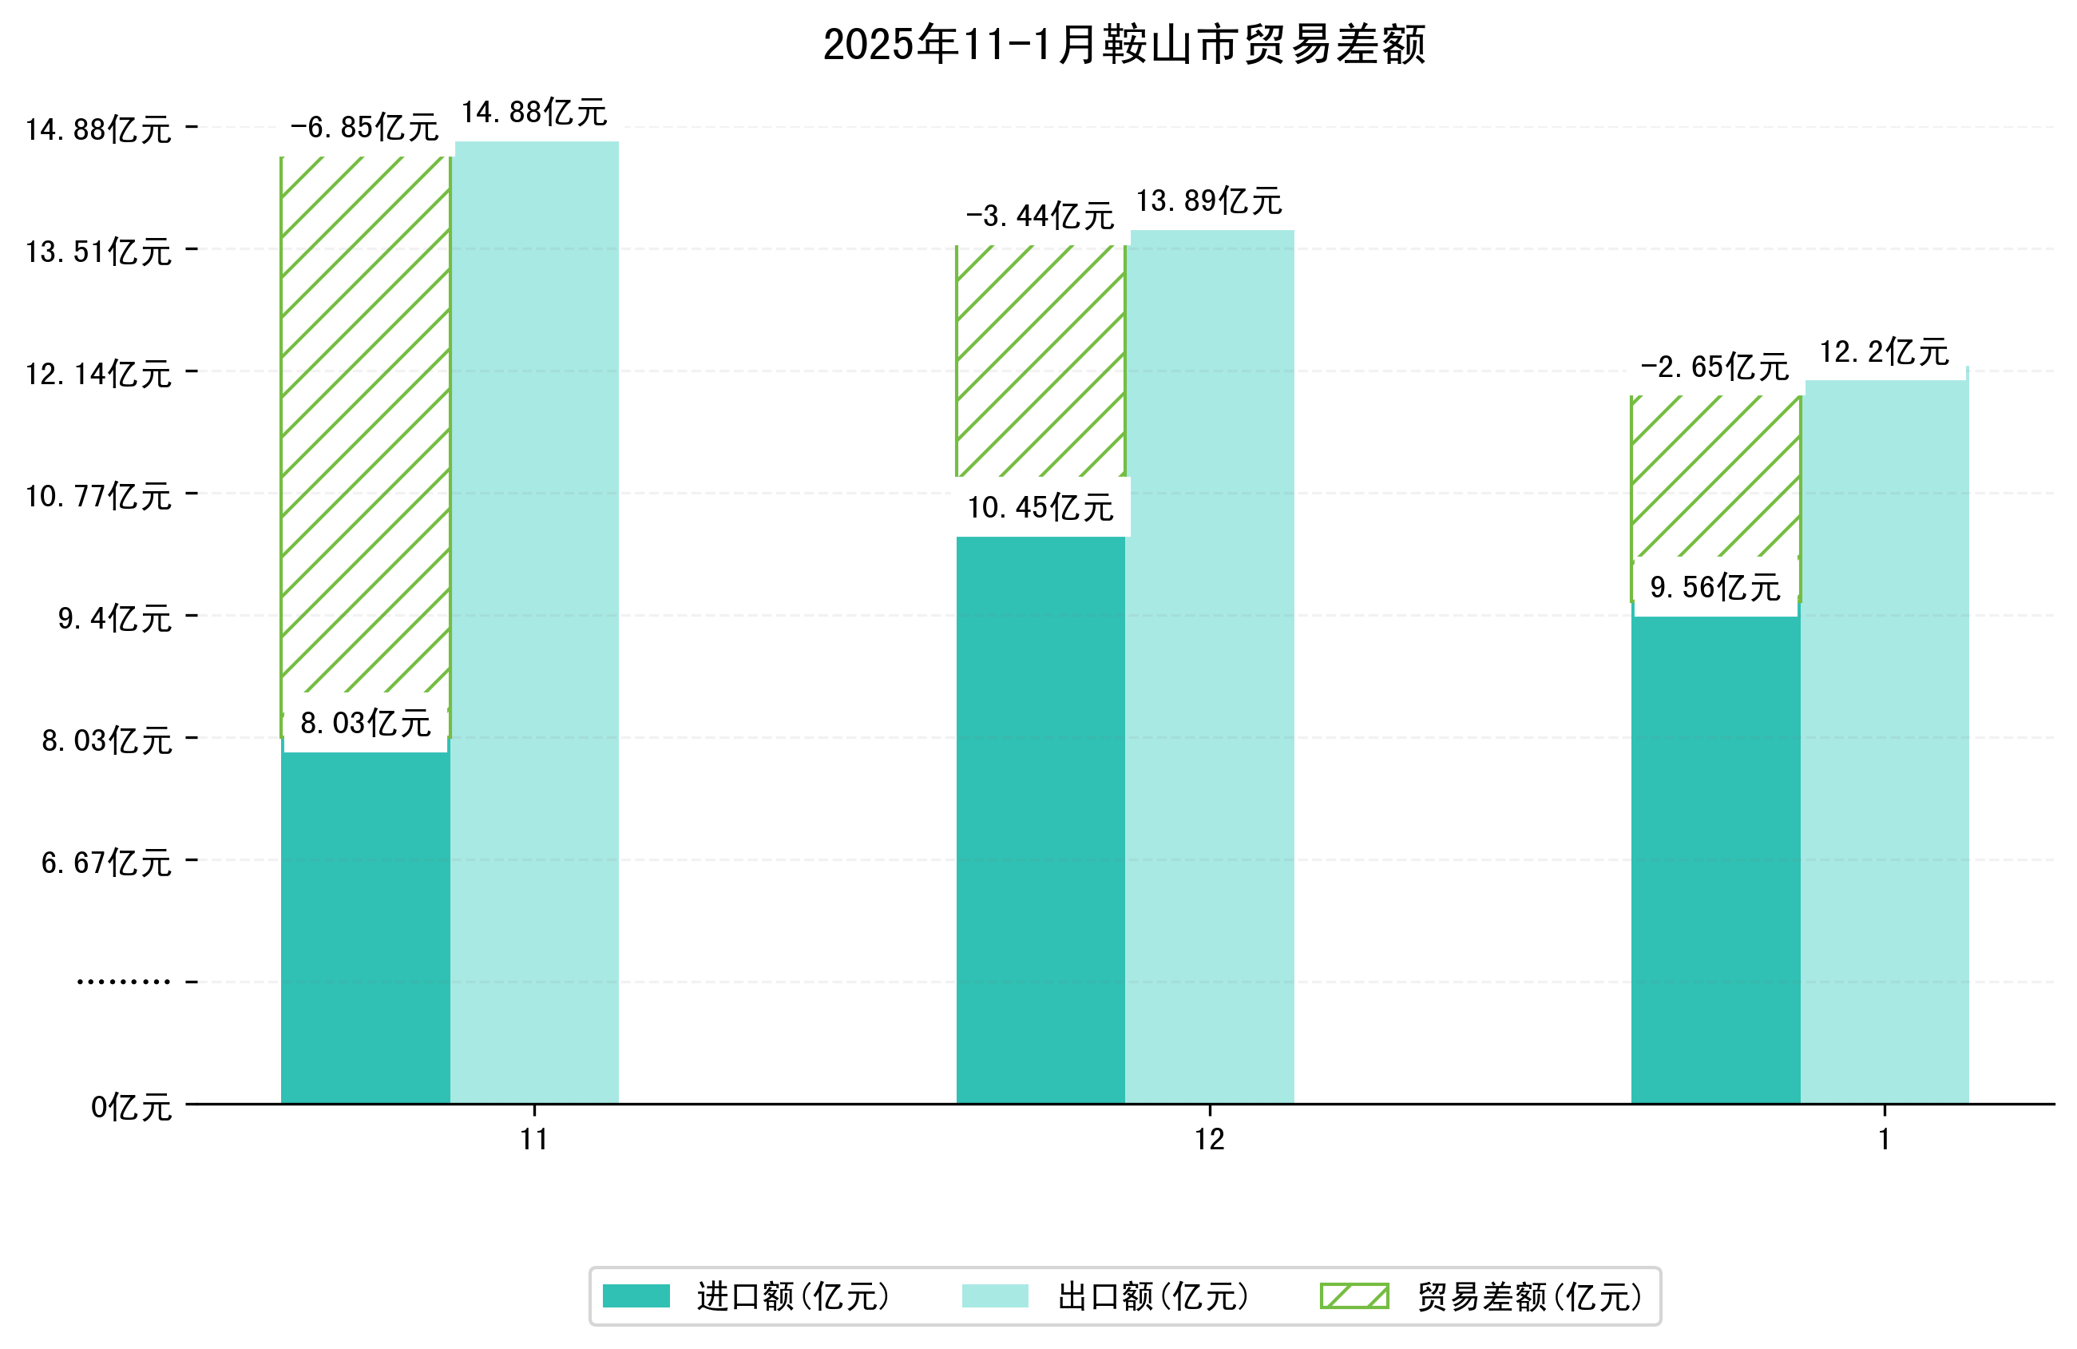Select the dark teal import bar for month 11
[x=365, y=926]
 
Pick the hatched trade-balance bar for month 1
[x=1714, y=476]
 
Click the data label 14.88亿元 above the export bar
[x=534, y=113]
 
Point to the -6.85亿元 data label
[x=364, y=128]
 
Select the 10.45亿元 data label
[x=1040, y=507]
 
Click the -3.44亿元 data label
[x=1040, y=216]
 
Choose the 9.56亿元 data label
[x=1714, y=588]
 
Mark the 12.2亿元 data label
[x=1884, y=352]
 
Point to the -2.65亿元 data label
[x=1714, y=367]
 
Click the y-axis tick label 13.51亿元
[x=98, y=252]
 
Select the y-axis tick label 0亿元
[x=131, y=1107]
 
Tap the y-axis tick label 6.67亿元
[x=106, y=863]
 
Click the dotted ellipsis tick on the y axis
[x=123, y=982]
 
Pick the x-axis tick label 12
[x=1210, y=1140]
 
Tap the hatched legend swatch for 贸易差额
[x=1354, y=1295]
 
